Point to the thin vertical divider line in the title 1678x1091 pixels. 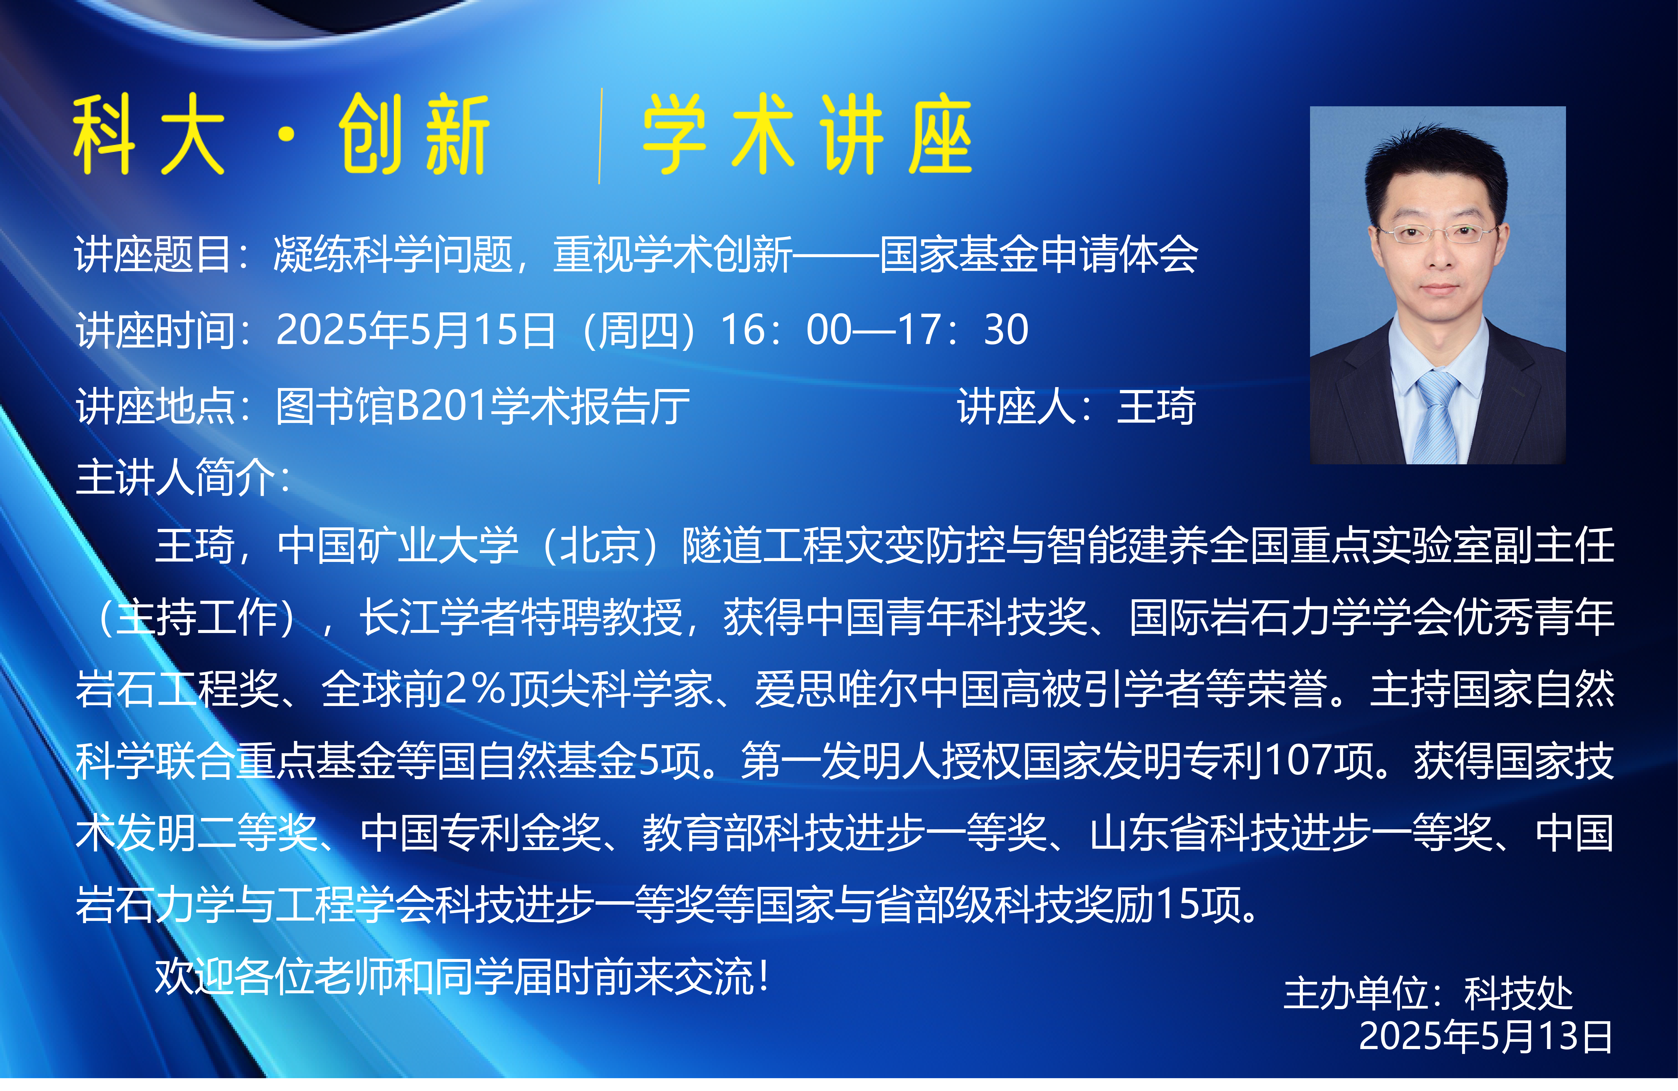pos(600,136)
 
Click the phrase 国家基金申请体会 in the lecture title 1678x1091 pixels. pos(1038,254)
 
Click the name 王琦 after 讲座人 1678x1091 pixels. pos(1156,407)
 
